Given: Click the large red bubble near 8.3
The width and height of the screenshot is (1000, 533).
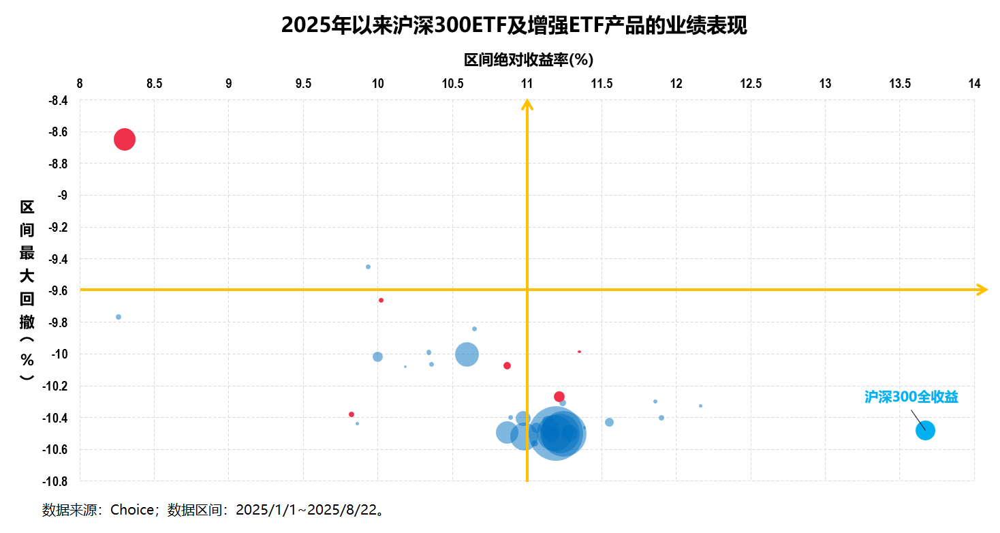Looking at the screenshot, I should pos(124,140).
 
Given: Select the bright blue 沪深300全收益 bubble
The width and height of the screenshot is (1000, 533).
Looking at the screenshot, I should pos(925,430).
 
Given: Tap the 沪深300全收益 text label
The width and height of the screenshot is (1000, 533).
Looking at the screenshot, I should pos(911,397).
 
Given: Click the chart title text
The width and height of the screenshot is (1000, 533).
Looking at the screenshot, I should pos(514,25).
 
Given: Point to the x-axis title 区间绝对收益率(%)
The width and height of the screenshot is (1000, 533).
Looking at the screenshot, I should pos(529,60).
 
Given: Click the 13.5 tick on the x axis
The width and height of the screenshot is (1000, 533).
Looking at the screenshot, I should pos(900,84).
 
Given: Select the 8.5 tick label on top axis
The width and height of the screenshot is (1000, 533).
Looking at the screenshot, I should pos(155,84).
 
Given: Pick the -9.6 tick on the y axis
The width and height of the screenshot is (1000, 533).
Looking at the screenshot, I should pos(57,291).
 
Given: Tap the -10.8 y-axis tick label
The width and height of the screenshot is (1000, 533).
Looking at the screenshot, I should pos(54,481).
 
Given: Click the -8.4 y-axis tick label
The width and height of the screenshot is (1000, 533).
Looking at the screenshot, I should pos(57,101).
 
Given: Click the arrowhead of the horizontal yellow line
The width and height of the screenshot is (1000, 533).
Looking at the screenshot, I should pos(982,290).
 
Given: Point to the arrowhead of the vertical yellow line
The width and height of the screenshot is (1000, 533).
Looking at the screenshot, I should pos(527,104).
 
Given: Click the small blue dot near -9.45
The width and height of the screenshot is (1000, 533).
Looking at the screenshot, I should pos(368,266).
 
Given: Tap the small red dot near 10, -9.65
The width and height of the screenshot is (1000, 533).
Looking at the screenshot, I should pos(381,300).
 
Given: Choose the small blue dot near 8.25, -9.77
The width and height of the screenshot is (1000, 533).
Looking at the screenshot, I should pos(119,317).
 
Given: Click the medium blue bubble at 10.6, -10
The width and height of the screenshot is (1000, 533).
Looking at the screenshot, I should pos(467,354).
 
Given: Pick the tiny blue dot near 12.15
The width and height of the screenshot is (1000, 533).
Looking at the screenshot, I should pos(700,406).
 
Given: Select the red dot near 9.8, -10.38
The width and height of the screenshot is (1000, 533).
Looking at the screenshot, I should pos(351,414).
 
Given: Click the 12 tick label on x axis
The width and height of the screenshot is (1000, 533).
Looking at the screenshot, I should pos(676,84).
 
